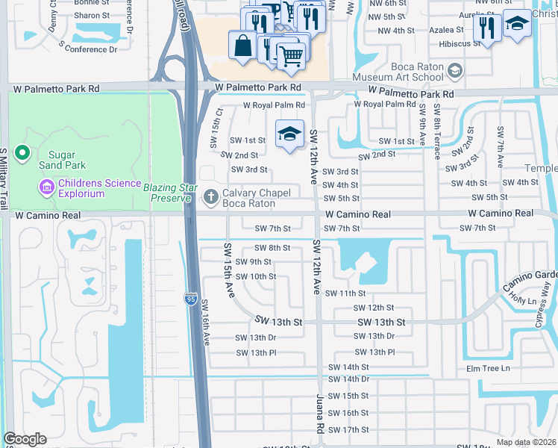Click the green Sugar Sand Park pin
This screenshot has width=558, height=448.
(22, 154)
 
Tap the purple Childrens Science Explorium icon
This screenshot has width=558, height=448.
(46, 184)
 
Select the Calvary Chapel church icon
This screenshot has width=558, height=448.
(211, 196)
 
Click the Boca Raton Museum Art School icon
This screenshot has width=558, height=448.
(454, 72)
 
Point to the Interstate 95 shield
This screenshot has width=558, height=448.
(190, 299)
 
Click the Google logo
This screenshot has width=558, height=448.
(25, 439)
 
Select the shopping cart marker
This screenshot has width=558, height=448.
(291, 55)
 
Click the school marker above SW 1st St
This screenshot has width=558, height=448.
(290, 134)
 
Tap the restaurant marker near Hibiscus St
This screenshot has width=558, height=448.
(486, 28)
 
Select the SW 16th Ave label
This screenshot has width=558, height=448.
(204, 323)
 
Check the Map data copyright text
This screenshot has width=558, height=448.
(526, 442)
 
